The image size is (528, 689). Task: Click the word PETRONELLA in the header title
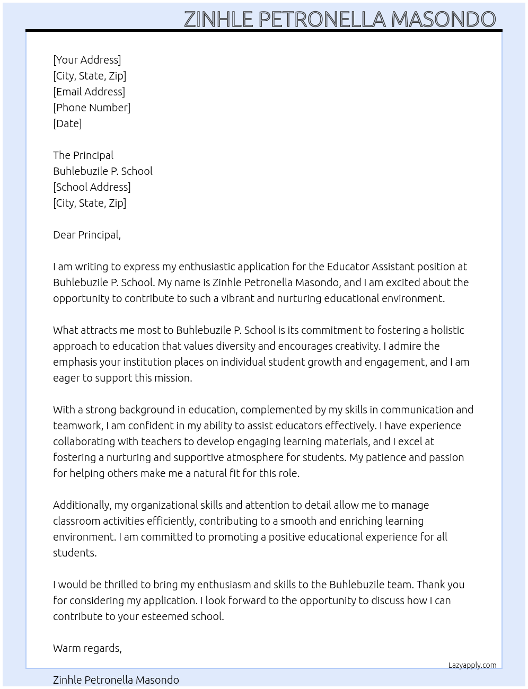[x=322, y=20]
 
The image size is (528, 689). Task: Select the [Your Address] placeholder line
[x=87, y=60]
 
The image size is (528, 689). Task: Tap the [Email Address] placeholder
[x=89, y=92]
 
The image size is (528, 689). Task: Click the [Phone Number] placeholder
[x=92, y=108]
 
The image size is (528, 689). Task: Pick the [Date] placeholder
[x=67, y=123]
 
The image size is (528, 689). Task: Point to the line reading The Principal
[x=83, y=155]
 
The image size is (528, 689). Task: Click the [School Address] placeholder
[x=92, y=187]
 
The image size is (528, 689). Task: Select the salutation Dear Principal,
[x=87, y=235]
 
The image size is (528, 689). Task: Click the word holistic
[x=447, y=330]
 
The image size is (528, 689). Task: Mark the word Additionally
[x=82, y=505]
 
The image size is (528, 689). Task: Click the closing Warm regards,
[x=87, y=648]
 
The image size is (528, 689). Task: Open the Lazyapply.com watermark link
[x=472, y=665]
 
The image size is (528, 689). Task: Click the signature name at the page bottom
[x=116, y=680]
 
